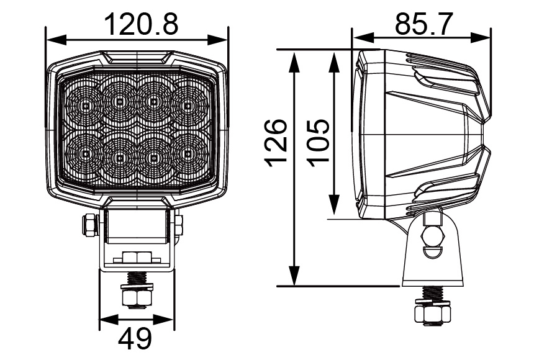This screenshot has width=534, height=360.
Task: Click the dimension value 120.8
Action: tap(141, 25)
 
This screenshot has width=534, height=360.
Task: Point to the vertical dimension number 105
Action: tap(319, 142)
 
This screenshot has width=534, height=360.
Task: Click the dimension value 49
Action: tap(135, 339)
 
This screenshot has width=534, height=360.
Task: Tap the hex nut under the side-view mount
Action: tap(432, 313)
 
